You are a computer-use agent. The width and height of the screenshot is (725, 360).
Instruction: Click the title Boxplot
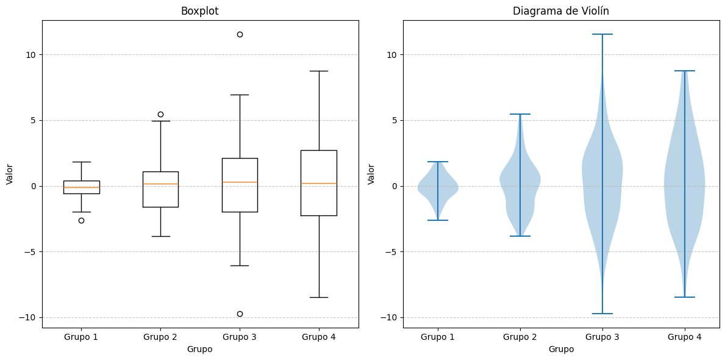click(x=199, y=11)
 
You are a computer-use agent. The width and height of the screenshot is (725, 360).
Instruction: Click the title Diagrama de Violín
click(x=560, y=11)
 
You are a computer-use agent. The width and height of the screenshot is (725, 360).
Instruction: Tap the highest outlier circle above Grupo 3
click(x=240, y=34)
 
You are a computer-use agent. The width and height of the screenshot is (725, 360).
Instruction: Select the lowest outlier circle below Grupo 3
click(x=240, y=314)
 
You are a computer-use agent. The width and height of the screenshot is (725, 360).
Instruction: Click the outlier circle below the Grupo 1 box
click(x=81, y=220)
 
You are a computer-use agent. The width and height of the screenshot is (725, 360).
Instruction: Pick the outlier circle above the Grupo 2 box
click(x=160, y=114)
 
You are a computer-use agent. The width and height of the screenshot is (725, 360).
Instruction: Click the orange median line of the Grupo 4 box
click(x=318, y=183)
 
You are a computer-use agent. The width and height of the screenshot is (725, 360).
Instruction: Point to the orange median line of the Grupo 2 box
click(x=160, y=184)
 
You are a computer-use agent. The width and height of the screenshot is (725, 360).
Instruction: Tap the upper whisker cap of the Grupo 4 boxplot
click(x=318, y=71)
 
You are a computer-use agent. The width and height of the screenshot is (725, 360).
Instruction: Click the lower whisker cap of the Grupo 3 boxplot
click(x=240, y=265)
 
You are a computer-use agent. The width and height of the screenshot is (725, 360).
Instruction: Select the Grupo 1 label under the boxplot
click(x=81, y=337)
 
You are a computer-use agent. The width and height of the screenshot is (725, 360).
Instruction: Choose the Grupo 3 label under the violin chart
click(x=602, y=337)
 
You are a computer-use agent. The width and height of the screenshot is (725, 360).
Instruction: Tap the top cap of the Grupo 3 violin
click(x=602, y=34)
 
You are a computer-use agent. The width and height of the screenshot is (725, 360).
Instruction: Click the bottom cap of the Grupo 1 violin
click(x=438, y=220)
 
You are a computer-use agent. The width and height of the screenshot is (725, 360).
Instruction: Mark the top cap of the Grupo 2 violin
click(x=520, y=114)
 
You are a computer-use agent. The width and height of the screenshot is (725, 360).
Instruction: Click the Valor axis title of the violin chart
click(x=371, y=174)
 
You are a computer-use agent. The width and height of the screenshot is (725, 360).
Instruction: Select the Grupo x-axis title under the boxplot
click(x=199, y=349)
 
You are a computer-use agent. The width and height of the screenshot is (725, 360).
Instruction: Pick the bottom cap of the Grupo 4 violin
click(x=684, y=297)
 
